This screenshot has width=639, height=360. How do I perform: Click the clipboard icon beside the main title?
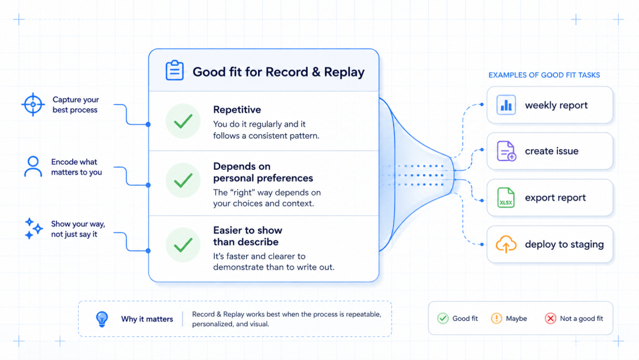pos(175,70)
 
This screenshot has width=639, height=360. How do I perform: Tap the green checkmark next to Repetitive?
pos(183,121)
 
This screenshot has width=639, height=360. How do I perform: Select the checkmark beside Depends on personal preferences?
pos(183,180)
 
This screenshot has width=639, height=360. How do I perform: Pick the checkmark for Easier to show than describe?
pos(183,245)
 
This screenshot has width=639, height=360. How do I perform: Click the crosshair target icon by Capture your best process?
pos(33,104)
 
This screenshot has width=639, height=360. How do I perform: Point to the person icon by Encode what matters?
pos(33,166)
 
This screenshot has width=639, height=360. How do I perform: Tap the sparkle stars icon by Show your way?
pos(33,229)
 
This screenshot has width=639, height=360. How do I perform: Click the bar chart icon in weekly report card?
pos(506,105)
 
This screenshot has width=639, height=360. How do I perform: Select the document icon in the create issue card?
pos(506,151)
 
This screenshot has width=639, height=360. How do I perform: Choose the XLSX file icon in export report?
pos(506,198)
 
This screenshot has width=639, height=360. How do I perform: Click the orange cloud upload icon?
pos(506,244)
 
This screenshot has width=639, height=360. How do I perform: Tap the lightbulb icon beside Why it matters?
pos(102,319)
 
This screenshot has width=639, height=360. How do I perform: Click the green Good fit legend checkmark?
pos(443,319)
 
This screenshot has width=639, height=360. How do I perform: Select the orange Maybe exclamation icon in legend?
pos(496,319)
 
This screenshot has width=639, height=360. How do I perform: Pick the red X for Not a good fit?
pos(551,319)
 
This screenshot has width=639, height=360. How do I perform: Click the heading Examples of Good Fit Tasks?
pos(544,75)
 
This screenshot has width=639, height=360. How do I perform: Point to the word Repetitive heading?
pos(237,110)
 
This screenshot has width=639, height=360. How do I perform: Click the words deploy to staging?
pos(564,244)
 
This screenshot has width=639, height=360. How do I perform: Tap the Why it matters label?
pos(147,319)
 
